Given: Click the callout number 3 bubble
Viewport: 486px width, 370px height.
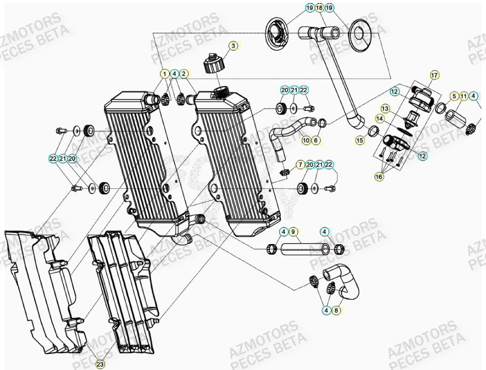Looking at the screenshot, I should coord(233,46).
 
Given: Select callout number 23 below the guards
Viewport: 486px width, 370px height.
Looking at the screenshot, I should coord(100,364).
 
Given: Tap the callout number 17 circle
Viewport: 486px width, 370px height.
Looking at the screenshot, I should coord(434,76).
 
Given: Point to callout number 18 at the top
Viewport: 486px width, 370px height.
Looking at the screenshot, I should coord(319,8).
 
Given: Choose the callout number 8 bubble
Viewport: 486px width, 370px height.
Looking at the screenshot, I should coord(336,310).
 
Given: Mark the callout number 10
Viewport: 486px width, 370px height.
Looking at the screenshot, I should coord(306,140).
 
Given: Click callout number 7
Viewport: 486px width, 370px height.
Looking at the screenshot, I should coord(300,164).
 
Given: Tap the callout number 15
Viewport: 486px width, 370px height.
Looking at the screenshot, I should coord(360,140).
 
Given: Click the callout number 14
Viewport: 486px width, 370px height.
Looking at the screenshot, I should coord(393,118).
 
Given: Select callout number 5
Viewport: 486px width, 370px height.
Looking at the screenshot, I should coord(454,95).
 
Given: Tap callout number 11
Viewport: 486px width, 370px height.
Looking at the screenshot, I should coord(464,95).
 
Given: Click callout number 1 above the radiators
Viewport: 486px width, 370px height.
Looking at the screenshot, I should coord(164,74).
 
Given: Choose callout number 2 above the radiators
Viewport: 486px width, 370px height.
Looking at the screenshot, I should coord(184,74).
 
